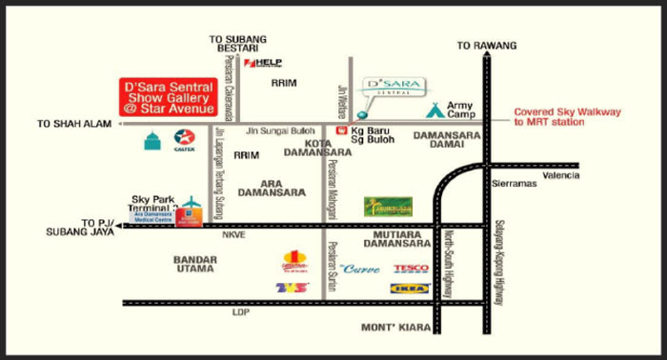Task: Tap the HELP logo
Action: (x=263, y=63)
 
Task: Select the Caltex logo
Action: (x=186, y=141)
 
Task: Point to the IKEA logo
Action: (x=411, y=288)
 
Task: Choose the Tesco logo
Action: (x=411, y=269)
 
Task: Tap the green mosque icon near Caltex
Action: (x=152, y=141)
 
